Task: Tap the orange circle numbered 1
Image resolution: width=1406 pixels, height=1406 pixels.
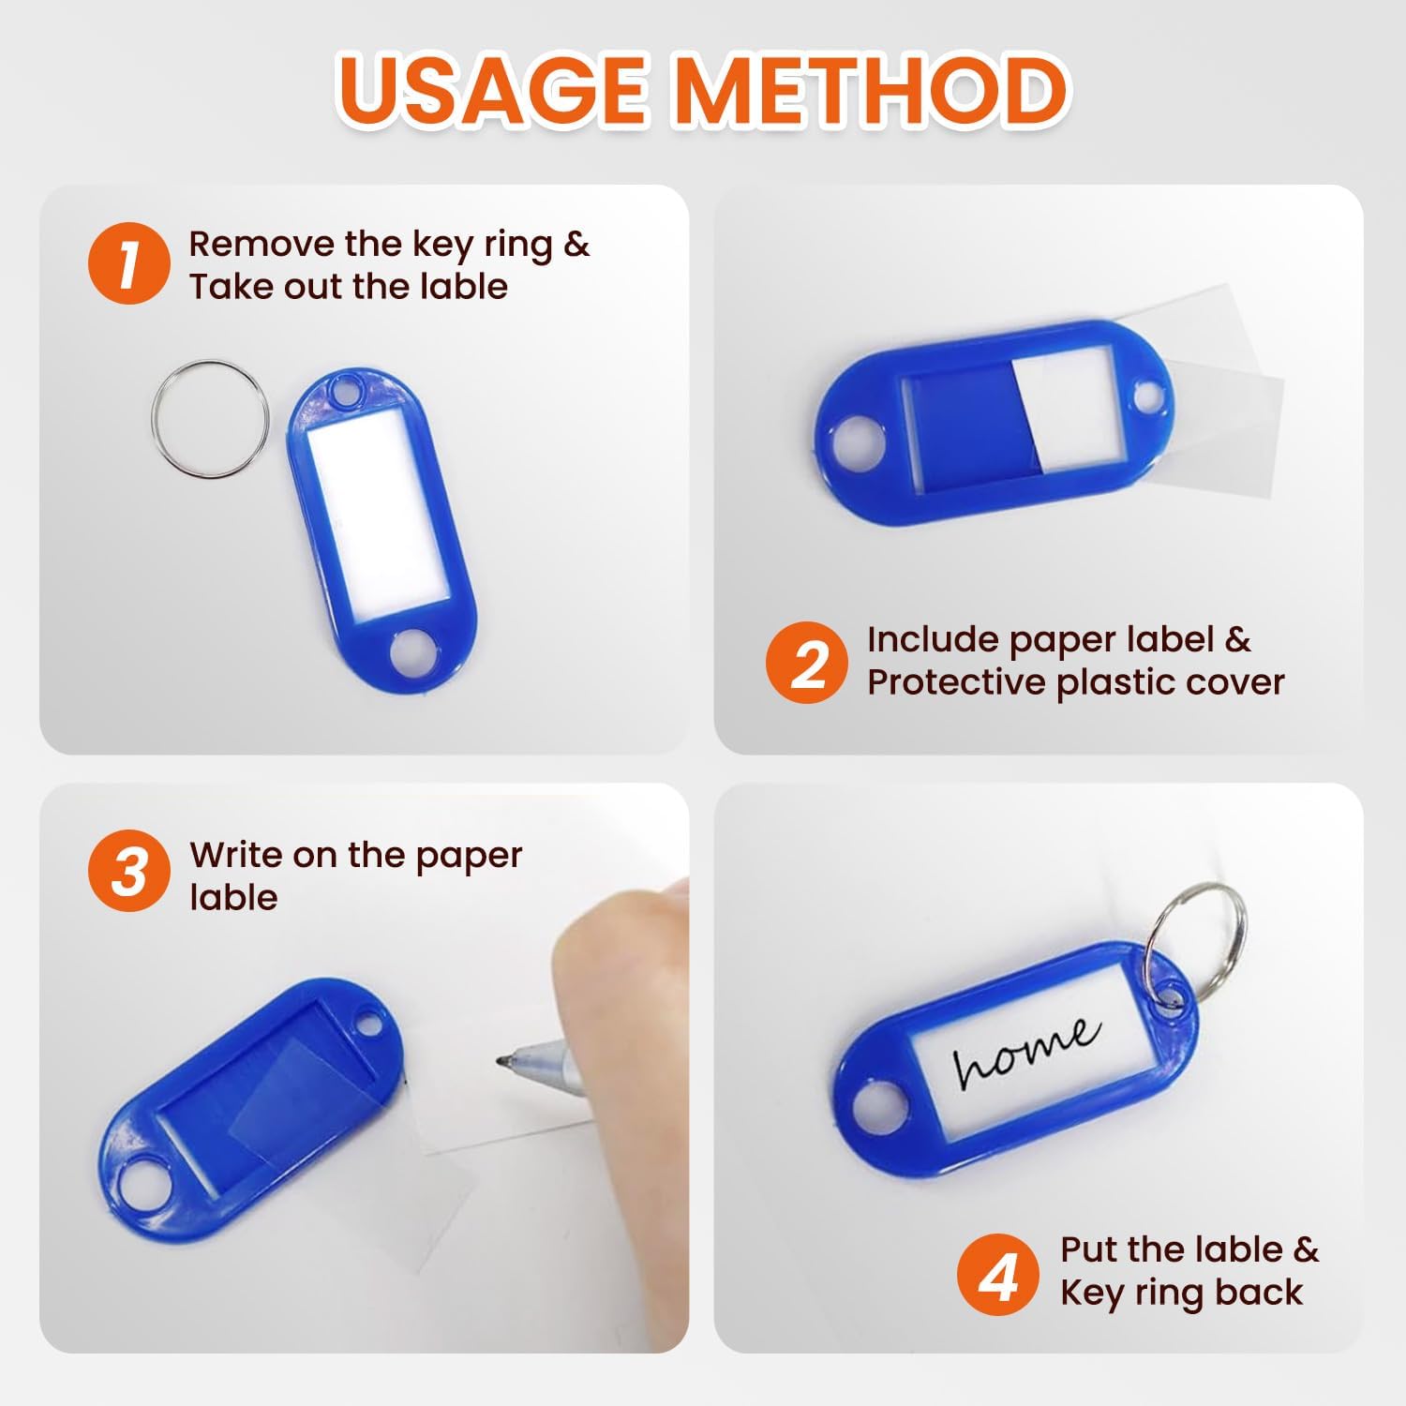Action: [128, 263]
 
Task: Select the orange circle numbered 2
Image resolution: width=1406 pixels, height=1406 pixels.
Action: [807, 662]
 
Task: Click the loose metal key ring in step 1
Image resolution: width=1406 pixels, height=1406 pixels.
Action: [210, 419]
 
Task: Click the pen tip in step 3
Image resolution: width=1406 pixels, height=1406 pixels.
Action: [501, 1061]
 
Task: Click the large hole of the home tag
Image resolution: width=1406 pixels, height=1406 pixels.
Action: [878, 1108]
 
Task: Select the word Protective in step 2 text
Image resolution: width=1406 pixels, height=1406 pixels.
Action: [957, 681]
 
